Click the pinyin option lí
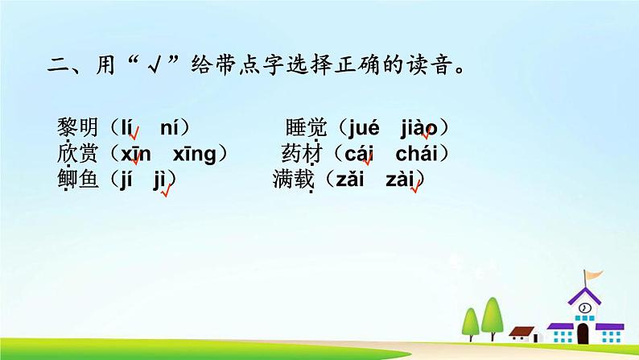point(127,127)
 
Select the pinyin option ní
point(171,127)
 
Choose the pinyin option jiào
point(418,127)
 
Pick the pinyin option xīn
point(136,153)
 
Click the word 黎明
point(77,127)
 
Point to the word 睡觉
point(306,127)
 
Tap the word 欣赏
point(77,153)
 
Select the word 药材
point(302,153)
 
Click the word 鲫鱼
point(77,180)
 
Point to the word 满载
point(293,180)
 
